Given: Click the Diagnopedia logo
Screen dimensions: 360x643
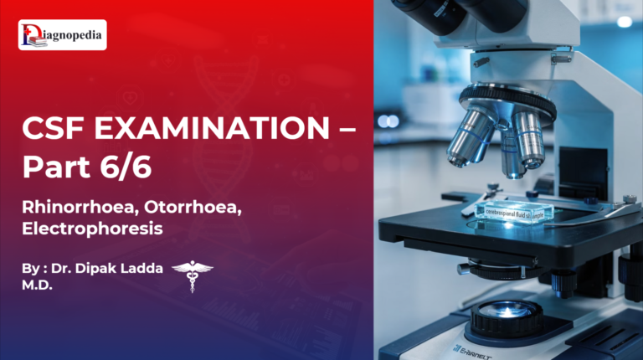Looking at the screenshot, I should pos(63,35).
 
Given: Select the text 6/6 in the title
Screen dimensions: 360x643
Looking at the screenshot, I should pos(130,167).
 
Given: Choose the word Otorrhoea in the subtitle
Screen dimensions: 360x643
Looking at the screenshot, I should pos(195,204).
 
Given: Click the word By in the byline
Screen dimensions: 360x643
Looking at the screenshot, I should pos(31,269).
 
